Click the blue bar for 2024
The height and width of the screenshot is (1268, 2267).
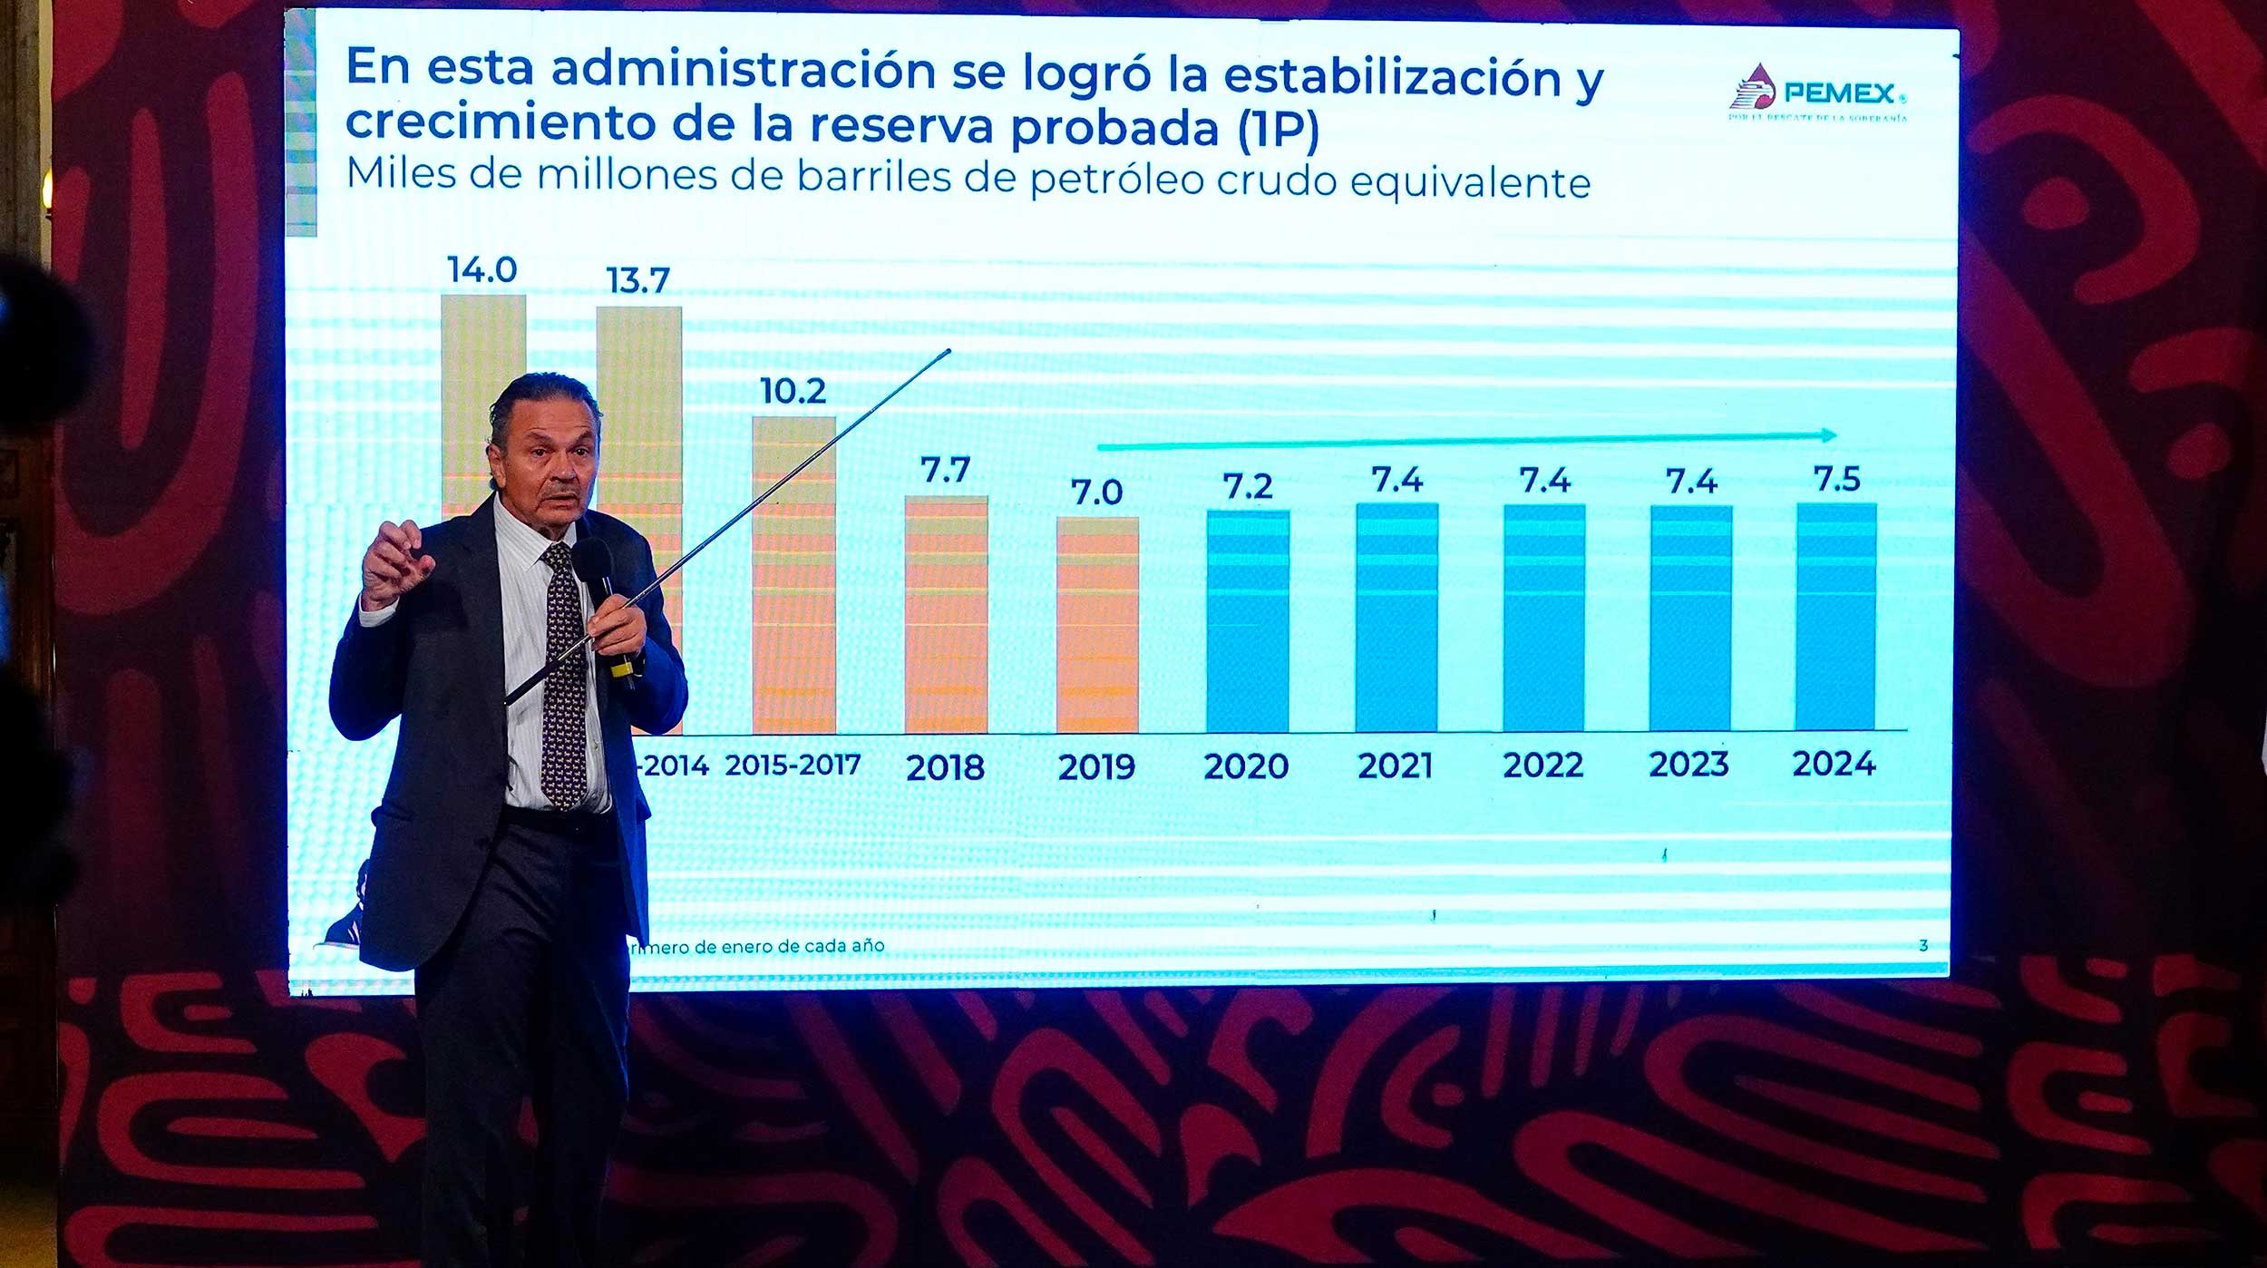point(1835,617)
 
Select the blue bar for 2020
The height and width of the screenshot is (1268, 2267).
point(1247,621)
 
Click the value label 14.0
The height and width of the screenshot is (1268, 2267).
point(482,269)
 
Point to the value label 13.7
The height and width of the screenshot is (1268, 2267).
point(637,280)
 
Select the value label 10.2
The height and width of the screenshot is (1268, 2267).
point(793,391)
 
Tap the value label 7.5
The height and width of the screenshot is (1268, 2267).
point(1836,479)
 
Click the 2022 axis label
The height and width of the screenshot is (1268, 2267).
point(1542,766)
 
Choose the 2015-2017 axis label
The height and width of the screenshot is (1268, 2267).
point(793,765)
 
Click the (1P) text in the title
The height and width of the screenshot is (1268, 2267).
point(1278,129)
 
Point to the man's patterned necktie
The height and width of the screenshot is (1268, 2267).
point(562,671)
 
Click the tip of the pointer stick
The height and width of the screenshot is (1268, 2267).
point(949,351)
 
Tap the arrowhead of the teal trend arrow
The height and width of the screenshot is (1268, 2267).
point(1829,435)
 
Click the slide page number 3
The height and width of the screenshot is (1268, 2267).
point(1922,945)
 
